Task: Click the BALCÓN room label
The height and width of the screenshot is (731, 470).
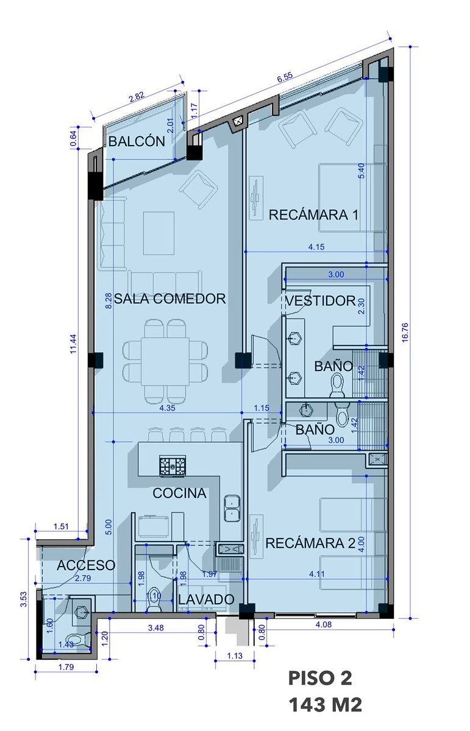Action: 137,141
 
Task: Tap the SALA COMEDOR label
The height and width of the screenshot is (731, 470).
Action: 170,298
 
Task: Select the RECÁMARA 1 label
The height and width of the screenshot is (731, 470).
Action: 313,215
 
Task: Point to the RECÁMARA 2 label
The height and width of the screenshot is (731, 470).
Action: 310,543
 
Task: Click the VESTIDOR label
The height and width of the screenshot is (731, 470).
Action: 321,300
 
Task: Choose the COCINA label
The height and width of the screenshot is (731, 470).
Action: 179,493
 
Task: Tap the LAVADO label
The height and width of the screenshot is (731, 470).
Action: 207,599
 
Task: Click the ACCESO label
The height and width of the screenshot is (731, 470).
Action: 86,565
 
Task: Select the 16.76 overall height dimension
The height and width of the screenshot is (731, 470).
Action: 405,332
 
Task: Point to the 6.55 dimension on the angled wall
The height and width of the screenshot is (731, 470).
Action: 285,77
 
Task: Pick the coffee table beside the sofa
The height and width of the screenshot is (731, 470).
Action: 158,233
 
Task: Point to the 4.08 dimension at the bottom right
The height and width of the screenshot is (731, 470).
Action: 324,624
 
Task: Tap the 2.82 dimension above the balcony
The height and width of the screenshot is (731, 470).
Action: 137,97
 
